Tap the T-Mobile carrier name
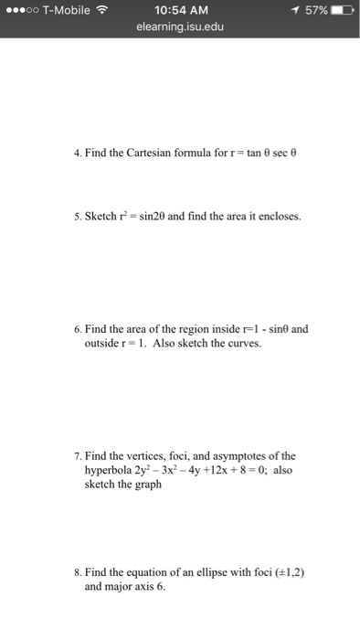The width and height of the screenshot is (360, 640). (x=61, y=10)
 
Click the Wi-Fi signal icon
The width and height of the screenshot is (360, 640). (x=101, y=10)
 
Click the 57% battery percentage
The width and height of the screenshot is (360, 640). (x=314, y=10)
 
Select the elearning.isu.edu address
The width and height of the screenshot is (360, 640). (x=180, y=27)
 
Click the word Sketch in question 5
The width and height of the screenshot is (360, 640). (x=101, y=217)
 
